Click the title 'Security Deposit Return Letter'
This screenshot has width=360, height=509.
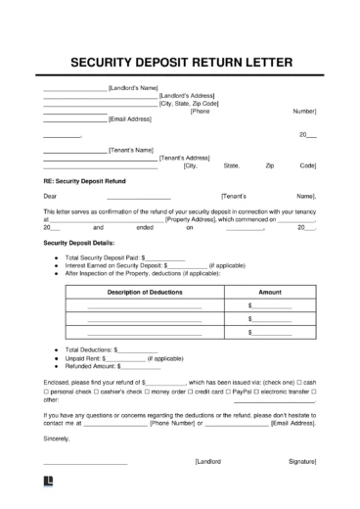click(180, 65)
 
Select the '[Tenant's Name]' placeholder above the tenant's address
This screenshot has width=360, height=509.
click(131, 150)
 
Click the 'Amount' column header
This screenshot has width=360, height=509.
click(269, 292)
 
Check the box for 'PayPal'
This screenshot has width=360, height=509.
click(238, 392)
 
